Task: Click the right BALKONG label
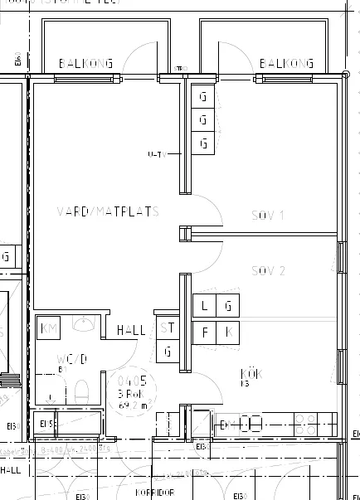point(285,64)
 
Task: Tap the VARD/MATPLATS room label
point(107,211)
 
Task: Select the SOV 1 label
point(267,216)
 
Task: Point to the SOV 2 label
point(268,271)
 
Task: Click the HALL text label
point(131,330)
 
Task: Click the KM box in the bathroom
point(50,328)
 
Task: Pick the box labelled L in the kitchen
point(204,306)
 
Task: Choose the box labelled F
point(204,333)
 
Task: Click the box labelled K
point(228,333)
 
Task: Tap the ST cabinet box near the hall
point(168,328)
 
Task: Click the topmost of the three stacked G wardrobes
point(203,96)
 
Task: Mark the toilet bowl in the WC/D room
point(81,391)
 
